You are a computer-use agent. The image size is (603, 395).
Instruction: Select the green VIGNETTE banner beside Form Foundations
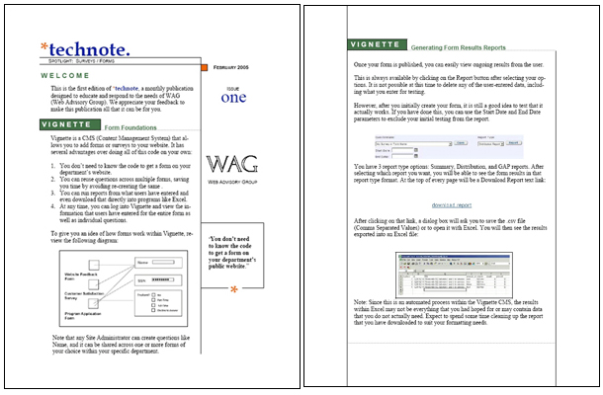[x=68, y=125]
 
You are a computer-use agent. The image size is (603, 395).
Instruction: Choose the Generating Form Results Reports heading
[x=458, y=47]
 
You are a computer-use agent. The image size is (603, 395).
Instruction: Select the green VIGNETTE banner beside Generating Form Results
[x=377, y=45]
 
